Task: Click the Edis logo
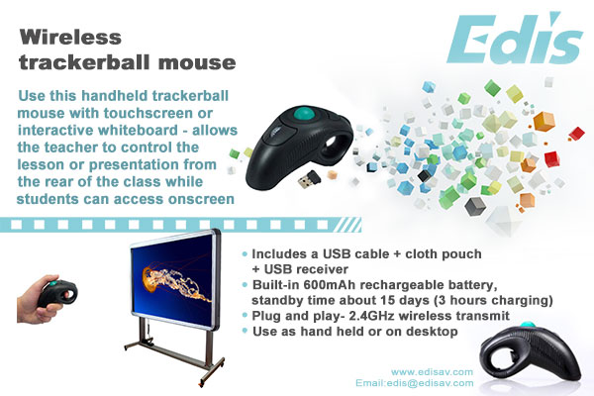pyautogui.click(x=515, y=39)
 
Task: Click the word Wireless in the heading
pyautogui.click(x=70, y=38)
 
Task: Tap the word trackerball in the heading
pyautogui.click(x=85, y=62)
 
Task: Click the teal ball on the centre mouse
pyautogui.click(x=303, y=113)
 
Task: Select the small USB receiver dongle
pyautogui.click(x=308, y=179)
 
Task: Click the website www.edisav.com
pyautogui.click(x=432, y=372)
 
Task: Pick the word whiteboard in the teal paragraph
pyautogui.click(x=138, y=130)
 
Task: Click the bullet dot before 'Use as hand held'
pyautogui.click(x=245, y=331)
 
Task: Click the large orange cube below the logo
pyautogui.click(x=544, y=122)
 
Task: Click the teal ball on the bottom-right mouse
pyautogui.click(x=527, y=325)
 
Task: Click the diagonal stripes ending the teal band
pyautogui.click(x=347, y=225)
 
